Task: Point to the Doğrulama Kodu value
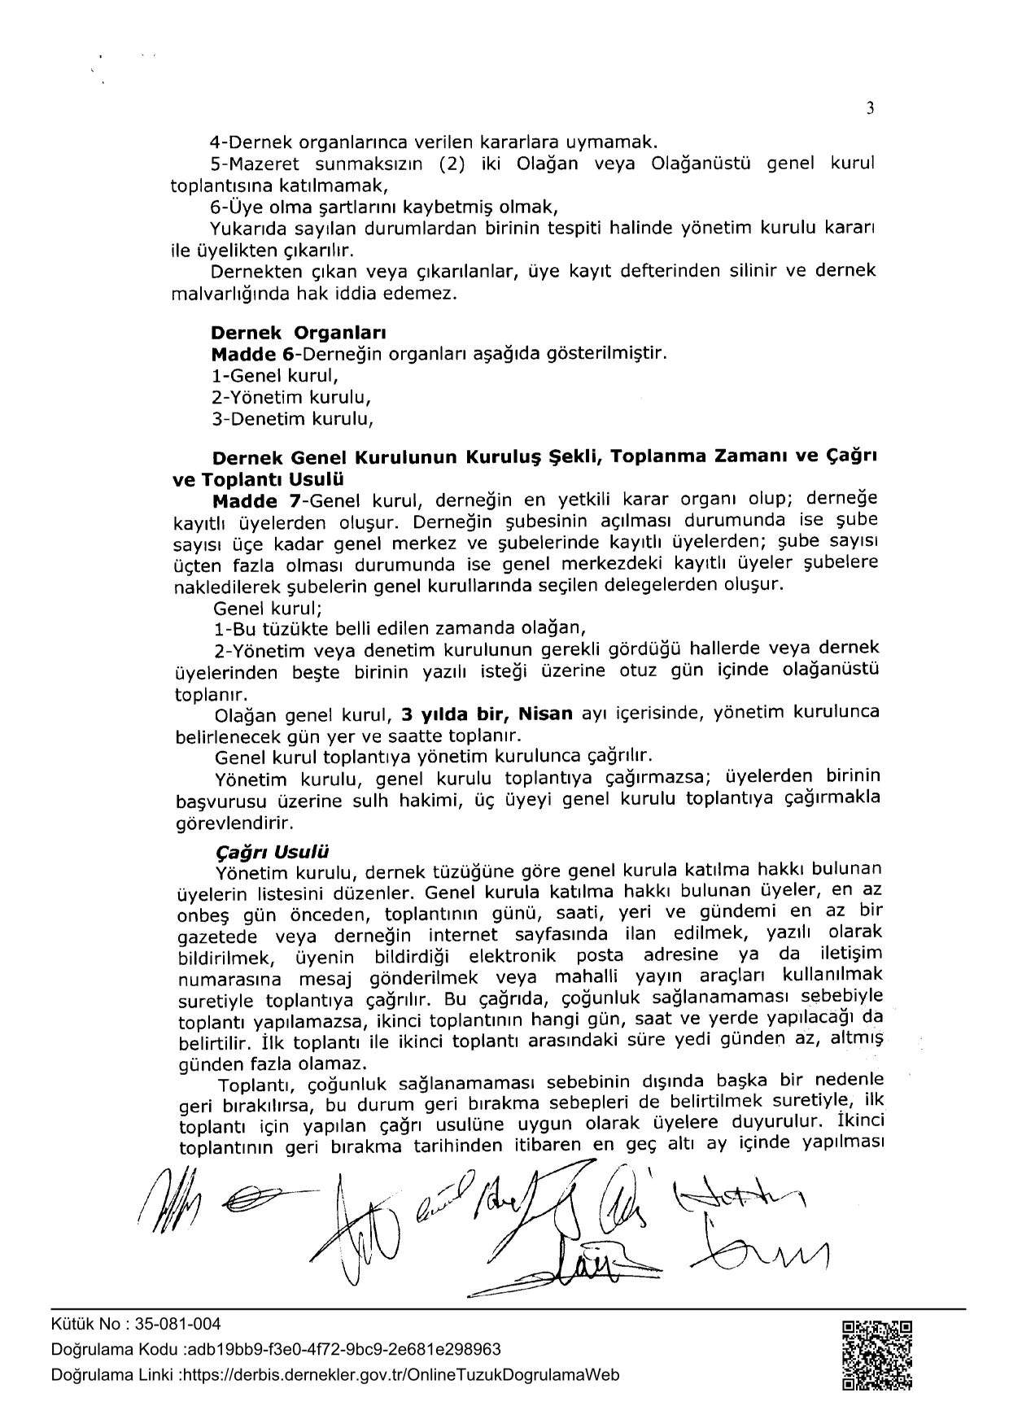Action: tap(343, 1350)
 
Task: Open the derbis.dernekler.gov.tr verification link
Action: tap(398, 1375)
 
